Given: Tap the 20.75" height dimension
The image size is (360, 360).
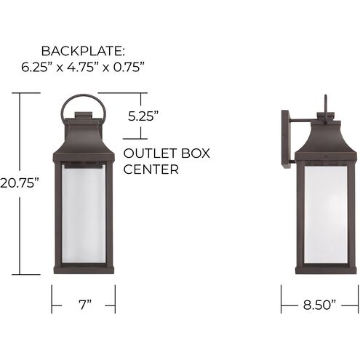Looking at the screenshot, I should (x=20, y=183).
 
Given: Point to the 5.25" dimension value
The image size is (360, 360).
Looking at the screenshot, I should (x=143, y=115).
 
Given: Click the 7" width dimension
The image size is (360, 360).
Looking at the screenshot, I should (x=84, y=305).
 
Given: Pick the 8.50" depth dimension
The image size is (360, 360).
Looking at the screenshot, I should (x=319, y=305).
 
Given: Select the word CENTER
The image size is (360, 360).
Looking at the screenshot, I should (x=151, y=170).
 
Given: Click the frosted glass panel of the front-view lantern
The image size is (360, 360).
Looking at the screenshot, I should (x=84, y=211).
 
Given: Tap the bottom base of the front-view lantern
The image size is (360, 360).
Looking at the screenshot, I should (x=84, y=270).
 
